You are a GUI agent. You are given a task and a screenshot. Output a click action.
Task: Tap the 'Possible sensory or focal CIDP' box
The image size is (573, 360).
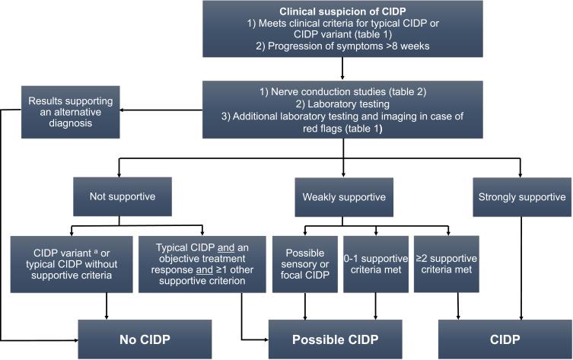(304, 263)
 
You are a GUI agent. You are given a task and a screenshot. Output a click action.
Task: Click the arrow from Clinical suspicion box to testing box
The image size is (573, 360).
(342, 72)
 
